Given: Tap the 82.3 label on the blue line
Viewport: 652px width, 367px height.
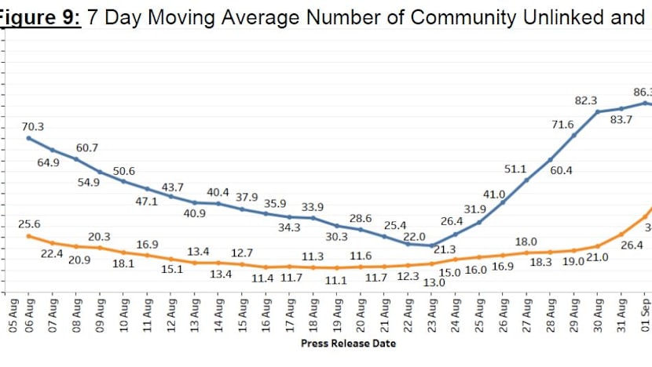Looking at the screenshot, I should [585, 100].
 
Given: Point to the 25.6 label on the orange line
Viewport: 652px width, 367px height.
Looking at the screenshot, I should [29, 224].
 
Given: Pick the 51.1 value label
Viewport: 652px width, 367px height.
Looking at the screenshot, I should [515, 168].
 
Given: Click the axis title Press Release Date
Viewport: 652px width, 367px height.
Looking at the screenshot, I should [348, 343].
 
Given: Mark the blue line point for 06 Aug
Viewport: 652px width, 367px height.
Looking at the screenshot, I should [29, 138].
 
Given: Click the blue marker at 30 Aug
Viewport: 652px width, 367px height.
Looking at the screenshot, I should [599, 112].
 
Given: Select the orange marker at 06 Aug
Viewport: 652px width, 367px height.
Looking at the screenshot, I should [29, 235].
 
